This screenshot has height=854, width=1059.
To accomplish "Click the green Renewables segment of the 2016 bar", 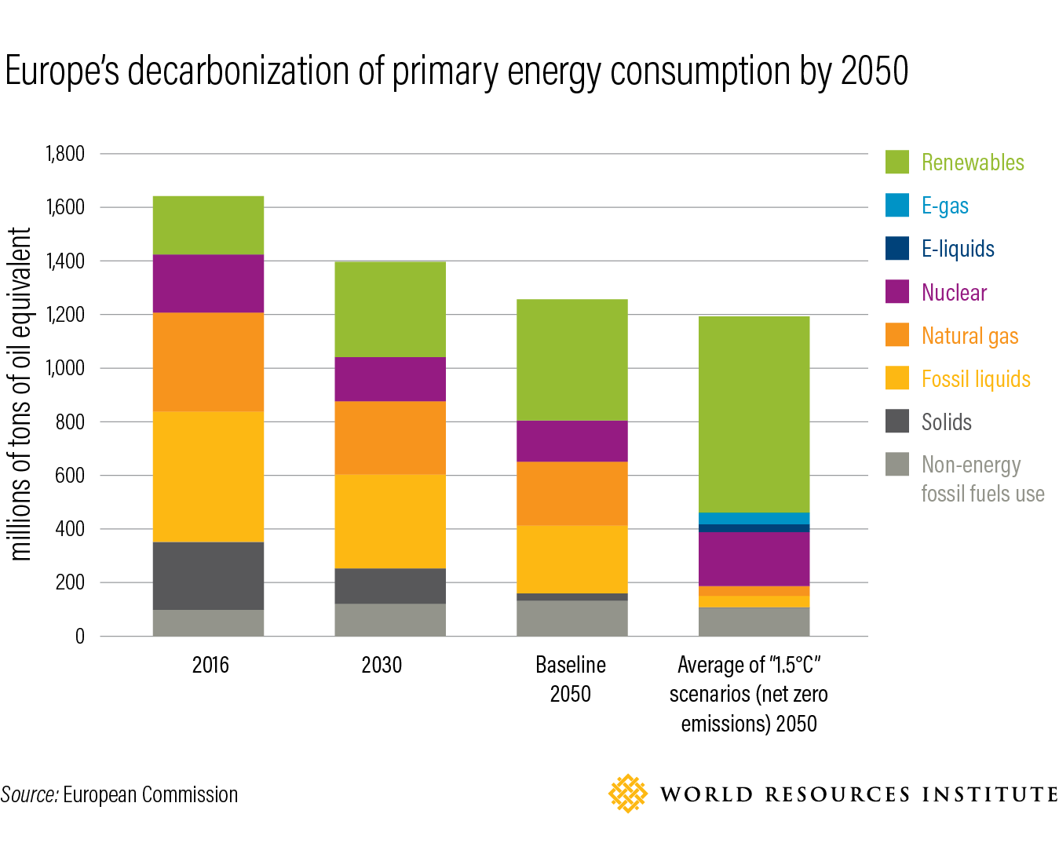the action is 208,225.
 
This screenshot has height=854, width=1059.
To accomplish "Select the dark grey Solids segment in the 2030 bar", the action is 390,586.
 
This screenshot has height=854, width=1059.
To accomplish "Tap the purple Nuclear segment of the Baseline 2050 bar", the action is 571,441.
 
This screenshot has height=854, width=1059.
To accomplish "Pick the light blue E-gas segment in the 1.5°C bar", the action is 754,518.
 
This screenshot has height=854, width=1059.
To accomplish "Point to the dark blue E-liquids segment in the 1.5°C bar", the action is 754,528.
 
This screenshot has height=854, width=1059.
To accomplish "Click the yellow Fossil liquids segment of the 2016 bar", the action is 208,476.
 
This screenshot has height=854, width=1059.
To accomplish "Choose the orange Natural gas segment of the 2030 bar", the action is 390,437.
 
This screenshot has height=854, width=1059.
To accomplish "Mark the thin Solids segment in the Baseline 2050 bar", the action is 571,597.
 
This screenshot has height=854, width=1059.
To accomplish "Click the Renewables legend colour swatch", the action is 897,162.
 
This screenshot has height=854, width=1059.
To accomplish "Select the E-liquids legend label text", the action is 958,249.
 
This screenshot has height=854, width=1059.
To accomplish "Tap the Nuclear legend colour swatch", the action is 897,291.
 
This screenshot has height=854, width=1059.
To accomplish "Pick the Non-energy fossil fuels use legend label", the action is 983,479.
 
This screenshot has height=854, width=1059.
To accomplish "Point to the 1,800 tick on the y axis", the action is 65,154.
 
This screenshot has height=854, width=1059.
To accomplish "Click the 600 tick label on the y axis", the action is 70,476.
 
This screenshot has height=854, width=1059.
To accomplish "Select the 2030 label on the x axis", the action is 382,665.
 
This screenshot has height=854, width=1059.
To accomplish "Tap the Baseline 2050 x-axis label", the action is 571,679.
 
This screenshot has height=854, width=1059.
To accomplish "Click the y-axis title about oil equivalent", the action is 20,394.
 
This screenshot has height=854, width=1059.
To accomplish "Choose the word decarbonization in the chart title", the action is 238,71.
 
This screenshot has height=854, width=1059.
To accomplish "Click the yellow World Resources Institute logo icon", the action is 627,794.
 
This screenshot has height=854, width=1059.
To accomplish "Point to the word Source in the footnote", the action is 30,794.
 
